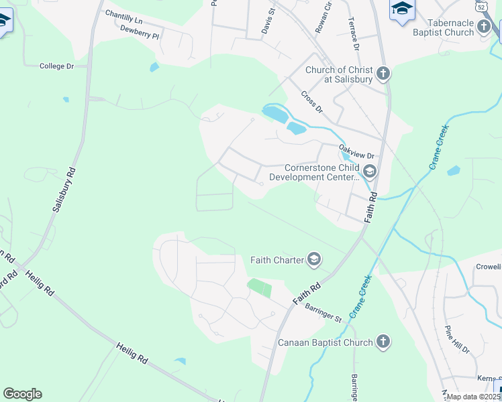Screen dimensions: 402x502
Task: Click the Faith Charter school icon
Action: point(314,259)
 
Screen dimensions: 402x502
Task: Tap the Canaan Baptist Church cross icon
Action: point(383,342)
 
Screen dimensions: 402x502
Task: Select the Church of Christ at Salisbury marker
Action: point(383,74)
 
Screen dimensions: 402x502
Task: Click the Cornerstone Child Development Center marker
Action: point(370,172)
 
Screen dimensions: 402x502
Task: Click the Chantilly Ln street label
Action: point(123,15)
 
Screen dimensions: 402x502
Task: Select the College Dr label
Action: point(56,66)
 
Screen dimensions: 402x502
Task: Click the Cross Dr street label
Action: point(312,102)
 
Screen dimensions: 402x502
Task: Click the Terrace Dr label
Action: point(353,33)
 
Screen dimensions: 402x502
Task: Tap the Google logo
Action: point(22,394)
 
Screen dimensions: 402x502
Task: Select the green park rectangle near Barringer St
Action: point(260,288)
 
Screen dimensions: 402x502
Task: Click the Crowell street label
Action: point(489,266)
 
